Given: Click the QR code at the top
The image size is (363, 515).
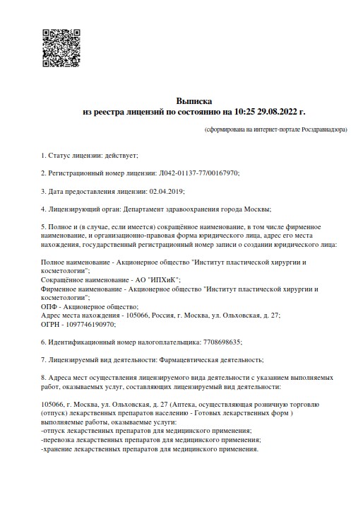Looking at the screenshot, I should point(61,49).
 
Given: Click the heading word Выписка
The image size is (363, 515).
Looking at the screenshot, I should point(193,101).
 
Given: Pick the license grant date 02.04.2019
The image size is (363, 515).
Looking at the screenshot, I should point(167,191).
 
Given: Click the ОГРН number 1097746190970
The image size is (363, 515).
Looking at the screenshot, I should point(88,324).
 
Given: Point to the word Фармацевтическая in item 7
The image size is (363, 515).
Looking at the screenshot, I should point(168,360).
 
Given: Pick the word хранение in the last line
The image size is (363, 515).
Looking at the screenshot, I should point(57,449).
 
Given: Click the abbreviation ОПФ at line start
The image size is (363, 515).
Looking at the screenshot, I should point(49,307).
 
